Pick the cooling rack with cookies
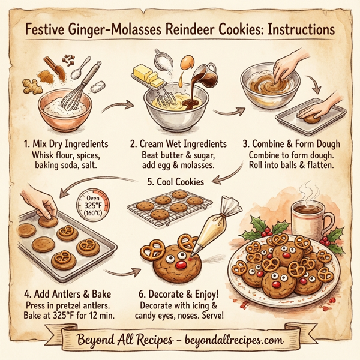click(171, 207)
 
